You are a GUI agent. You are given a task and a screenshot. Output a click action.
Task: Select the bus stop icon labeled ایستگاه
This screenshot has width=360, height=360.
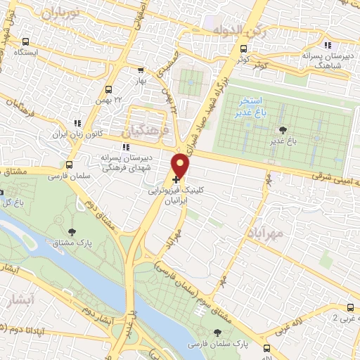point(26,41)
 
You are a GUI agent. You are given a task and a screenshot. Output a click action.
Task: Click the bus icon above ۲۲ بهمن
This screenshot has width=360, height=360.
point(108,89)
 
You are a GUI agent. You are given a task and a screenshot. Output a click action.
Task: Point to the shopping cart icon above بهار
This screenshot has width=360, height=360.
point(141,70)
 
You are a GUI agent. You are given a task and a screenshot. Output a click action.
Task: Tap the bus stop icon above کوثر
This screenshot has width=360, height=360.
point(243,49)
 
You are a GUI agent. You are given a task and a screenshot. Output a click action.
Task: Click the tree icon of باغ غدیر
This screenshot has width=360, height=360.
point(283,130)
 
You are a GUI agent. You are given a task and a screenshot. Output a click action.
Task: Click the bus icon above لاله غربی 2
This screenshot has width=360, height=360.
point(350,307)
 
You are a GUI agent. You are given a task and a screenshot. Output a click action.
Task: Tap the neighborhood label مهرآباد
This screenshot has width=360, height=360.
point(266,232)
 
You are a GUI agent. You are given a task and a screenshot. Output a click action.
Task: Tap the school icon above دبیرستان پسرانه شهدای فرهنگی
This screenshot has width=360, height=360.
point(125,148)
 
